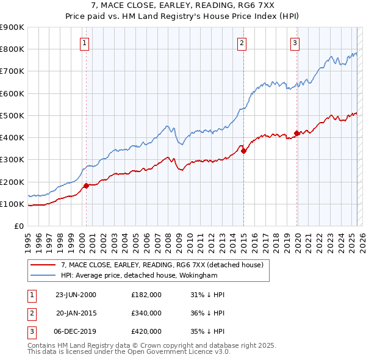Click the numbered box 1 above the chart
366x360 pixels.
point(84,43)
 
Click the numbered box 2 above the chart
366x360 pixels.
point(242,43)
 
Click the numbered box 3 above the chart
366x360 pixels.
point(295,43)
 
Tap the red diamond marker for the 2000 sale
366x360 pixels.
point(86,185)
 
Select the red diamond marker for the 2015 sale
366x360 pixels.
point(243,151)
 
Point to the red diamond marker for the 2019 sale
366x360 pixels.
point(296,133)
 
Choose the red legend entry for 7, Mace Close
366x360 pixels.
point(162,265)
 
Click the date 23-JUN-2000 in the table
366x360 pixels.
point(76,294)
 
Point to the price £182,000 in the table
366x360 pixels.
point(146,294)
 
